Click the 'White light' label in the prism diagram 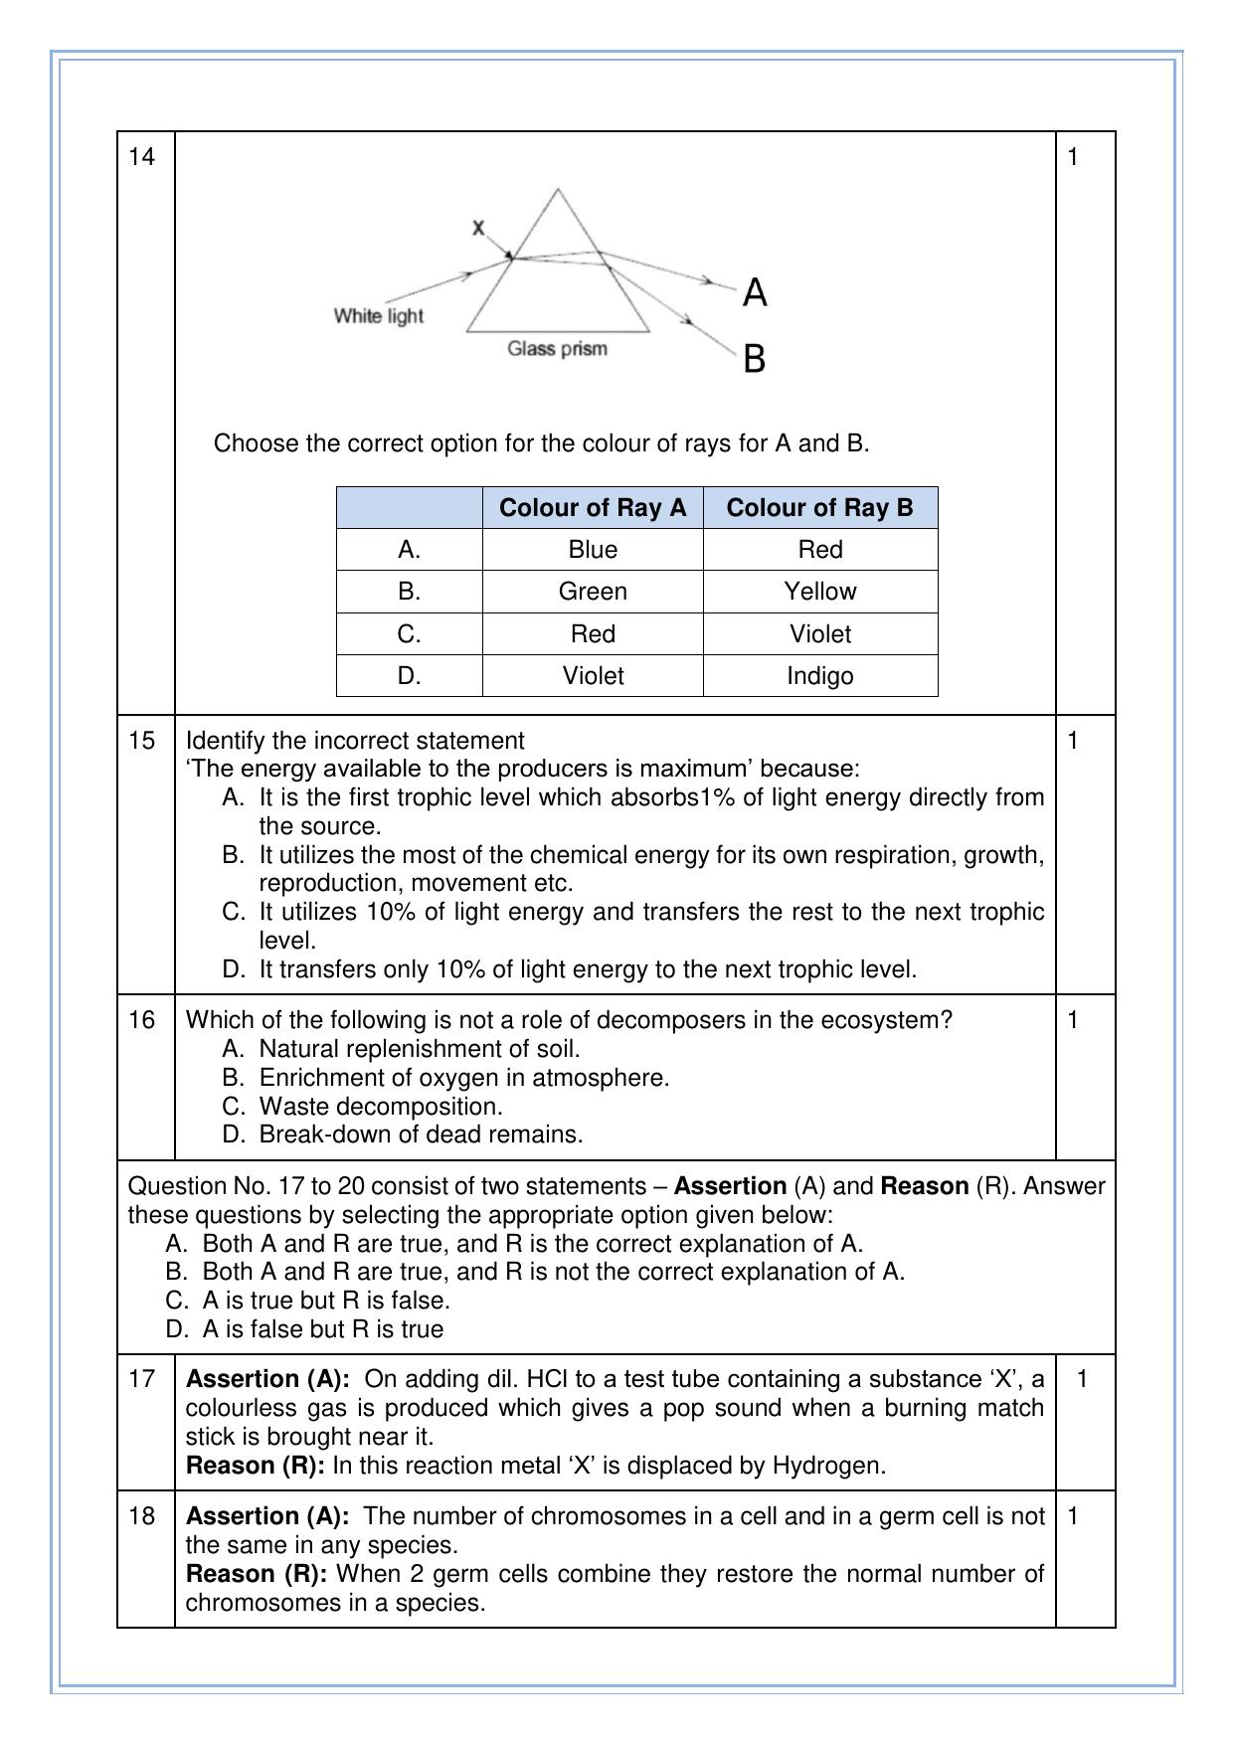pos(378,316)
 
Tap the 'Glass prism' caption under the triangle pos(557,349)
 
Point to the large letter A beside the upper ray pos(755,293)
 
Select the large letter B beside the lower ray pos(755,358)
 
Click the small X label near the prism pos(478,228)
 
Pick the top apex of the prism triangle pos(558,190)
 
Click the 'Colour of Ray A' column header pos(593,508)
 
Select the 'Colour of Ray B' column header pos(819,508)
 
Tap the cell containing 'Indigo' pos(819,676)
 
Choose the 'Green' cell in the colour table pos(593,592)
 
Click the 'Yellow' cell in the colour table pos(819,592)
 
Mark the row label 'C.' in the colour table pos(409,634)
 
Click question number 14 pos(142,156)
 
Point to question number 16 pos(142,1020)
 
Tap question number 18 pos(142,1516)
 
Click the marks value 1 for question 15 pos(1072,741)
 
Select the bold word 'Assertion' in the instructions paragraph pos(730,1186)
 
